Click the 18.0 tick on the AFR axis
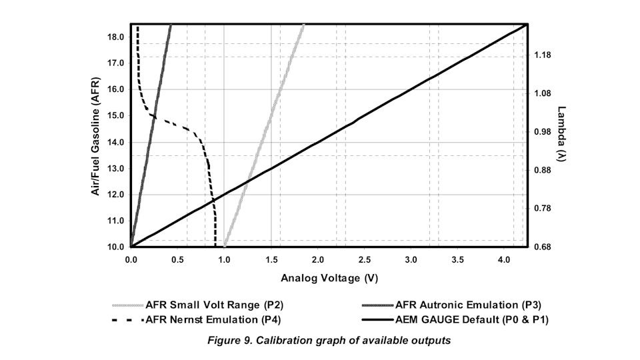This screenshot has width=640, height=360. [115, 37]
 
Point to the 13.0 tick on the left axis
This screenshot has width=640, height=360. [115, 168]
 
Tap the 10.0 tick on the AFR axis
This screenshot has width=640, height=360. [115, 247]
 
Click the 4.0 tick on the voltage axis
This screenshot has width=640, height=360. [505, 259]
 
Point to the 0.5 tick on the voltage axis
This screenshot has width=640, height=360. [178, 259]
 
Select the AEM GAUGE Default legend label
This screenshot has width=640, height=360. [476, 320]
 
